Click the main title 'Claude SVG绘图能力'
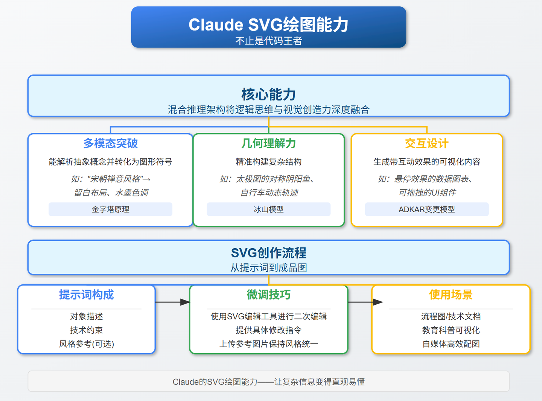click(x=268, y=25)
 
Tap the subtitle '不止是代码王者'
click(x=268, y=41)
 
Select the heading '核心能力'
click(x=268, y=94)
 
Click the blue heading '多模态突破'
click(x=110, y=143)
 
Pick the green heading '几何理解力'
click(x=268, y=143)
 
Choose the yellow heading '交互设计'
click(x=426, y=143)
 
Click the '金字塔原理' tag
click(x=110, y=210)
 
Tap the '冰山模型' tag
click(x=268, y=210)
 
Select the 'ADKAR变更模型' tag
click(x=426, y=210)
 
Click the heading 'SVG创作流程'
click(x=268, y=253)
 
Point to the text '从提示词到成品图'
click(x=268, y=267)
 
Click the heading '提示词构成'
click(x=86, y=295)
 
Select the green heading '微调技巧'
click(x=268, y=295)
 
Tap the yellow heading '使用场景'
click(x=451, y=295)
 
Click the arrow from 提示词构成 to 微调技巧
click(x=172, y=302)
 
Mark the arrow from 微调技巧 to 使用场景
click(x=364, y=302)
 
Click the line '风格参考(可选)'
click(x=86, y=344)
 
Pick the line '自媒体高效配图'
click(x=451, y=344)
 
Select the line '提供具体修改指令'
click(x=268, y=330)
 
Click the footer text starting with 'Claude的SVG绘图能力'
click(x=268, y=382)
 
